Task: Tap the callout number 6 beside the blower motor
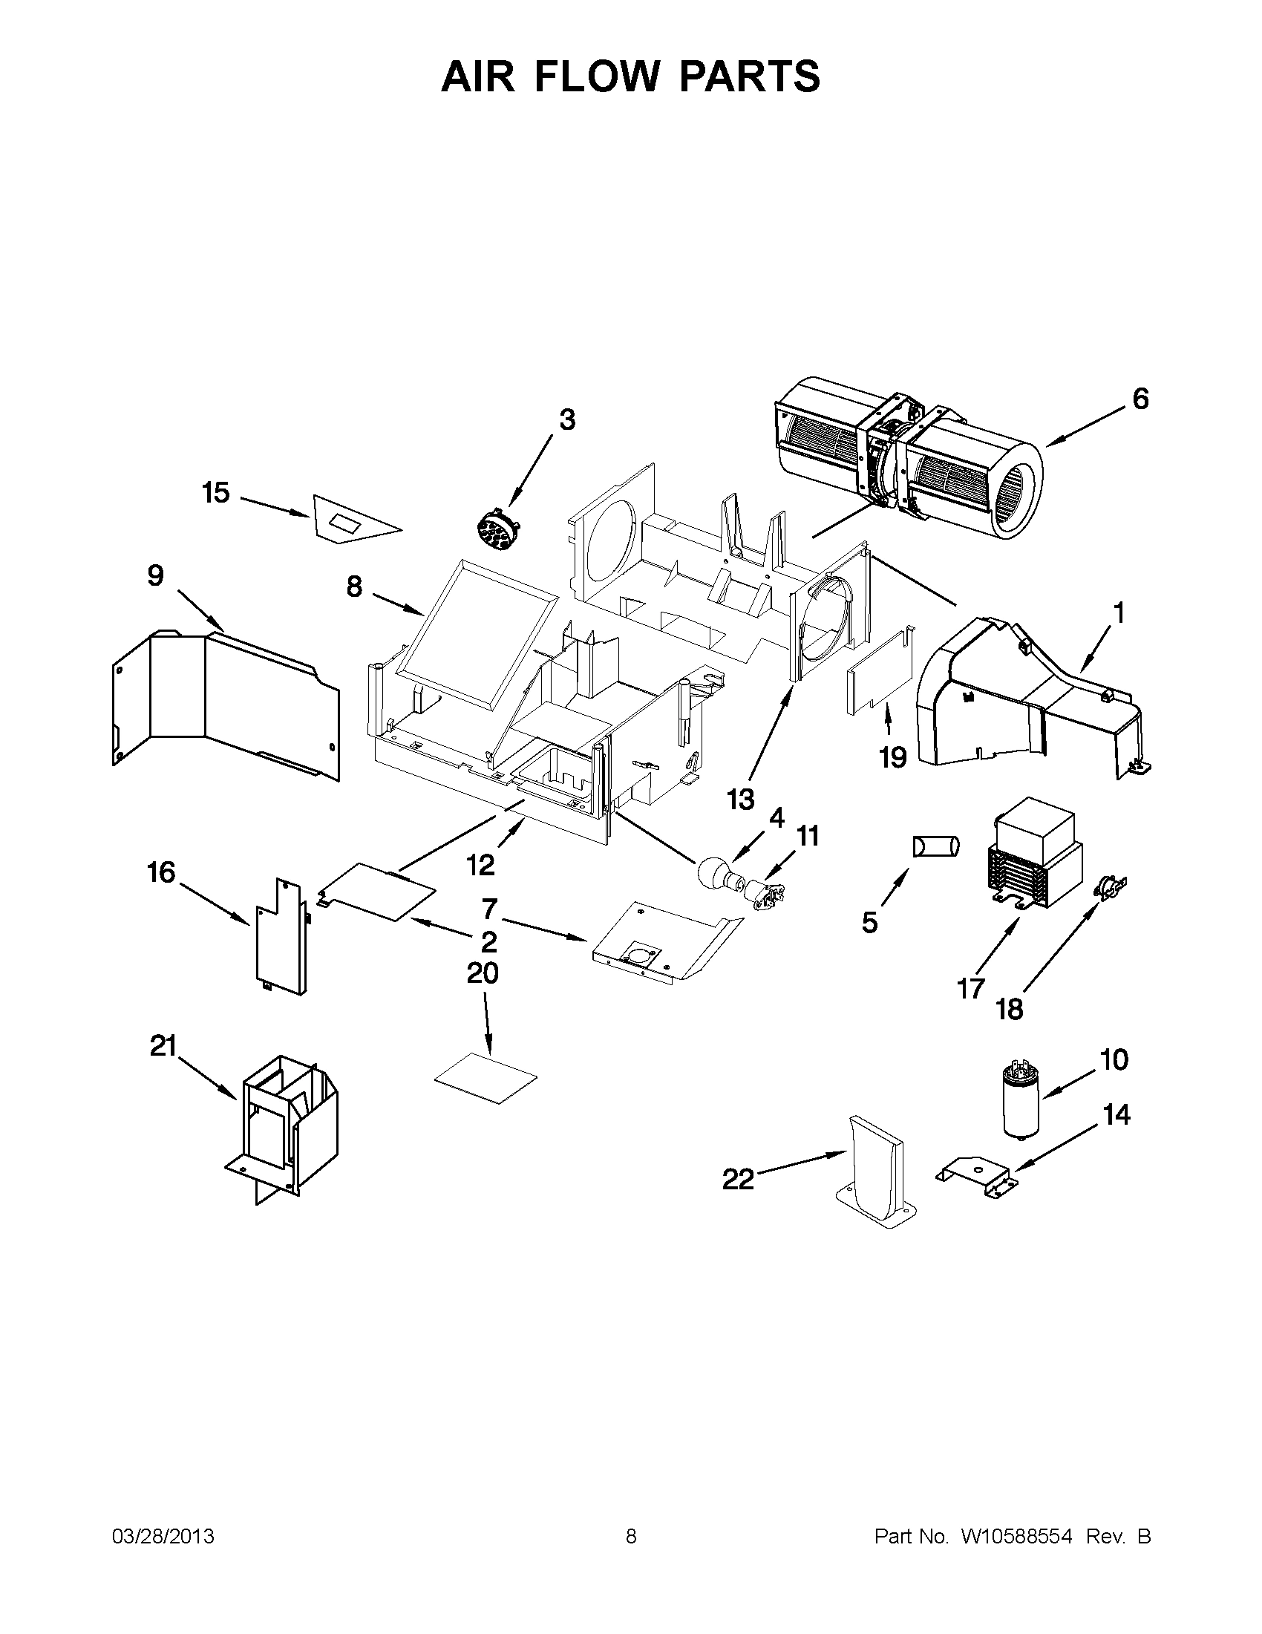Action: pyautogui.click(x=1140, y=399)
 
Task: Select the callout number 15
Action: pyautogui.click(x=215, y=494)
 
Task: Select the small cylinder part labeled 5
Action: pyautogui.click(x=935, y=846)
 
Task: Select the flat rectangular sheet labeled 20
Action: pyautogui.click(x=485, y=1077)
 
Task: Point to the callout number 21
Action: pyautogui.click(x=163, y=1046)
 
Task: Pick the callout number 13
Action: pyautogui.click(x=741, y=800)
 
